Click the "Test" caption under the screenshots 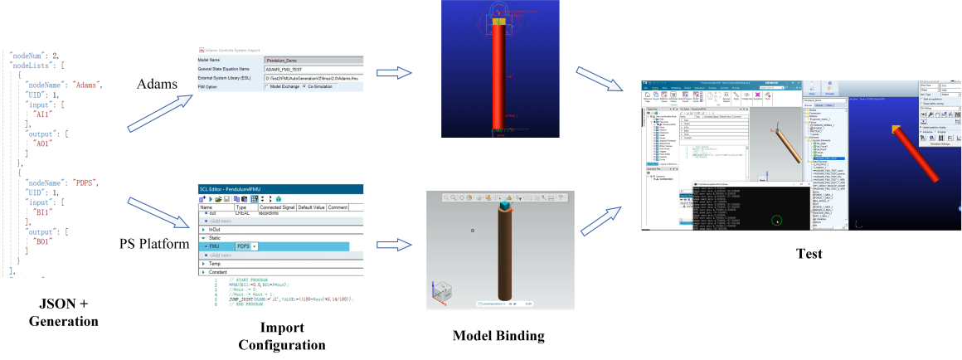point(808,253)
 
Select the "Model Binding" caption point(498,335)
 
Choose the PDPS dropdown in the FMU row point(246,246)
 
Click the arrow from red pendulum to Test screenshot point(599,83)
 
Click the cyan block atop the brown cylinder point(504,204)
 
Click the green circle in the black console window point(776,221)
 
